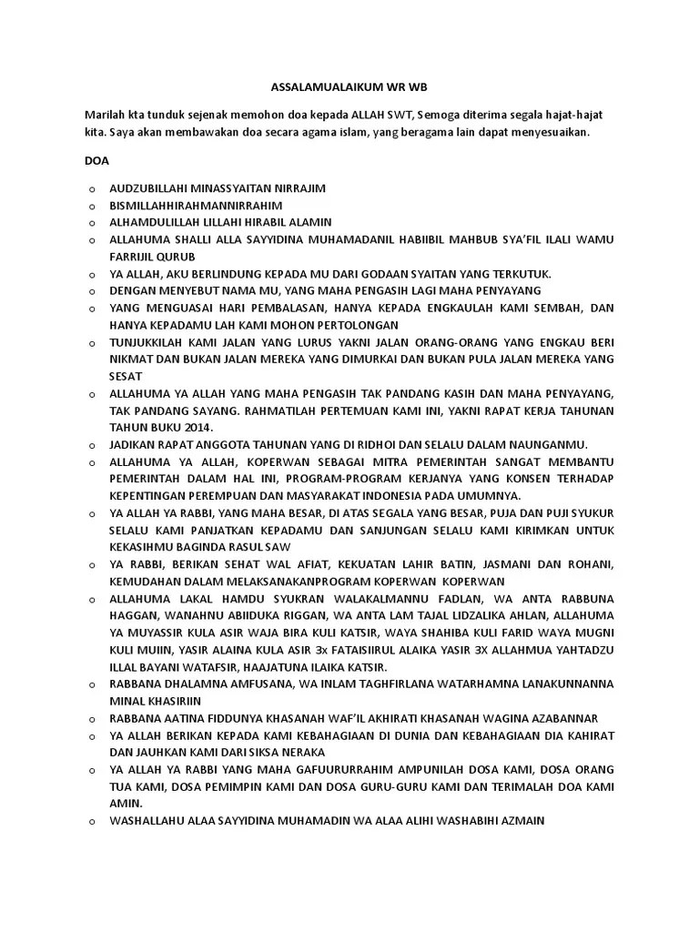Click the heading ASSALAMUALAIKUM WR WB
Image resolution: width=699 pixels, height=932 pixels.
click(349, 88)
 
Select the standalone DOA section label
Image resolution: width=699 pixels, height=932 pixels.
click(96, 160)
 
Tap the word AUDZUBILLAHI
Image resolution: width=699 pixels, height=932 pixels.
click(152, 187)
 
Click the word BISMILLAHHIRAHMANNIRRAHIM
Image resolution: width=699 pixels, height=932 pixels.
click(196, 205)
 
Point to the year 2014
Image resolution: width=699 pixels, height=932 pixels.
click(195, 428)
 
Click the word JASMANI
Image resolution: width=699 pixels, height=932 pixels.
click(507, 564)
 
